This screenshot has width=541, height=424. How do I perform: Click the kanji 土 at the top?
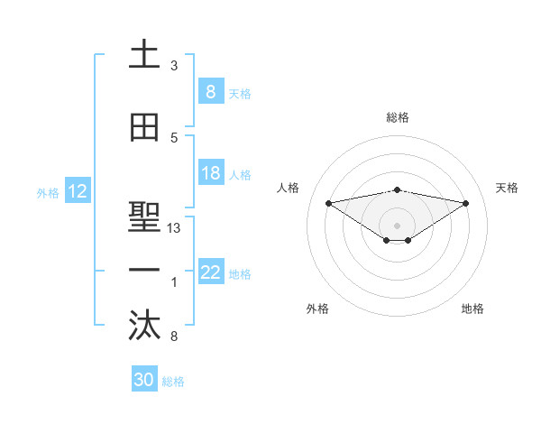[145, 55]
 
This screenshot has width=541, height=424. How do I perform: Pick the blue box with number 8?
[210, 92]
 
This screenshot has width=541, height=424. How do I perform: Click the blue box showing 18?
[210, 174]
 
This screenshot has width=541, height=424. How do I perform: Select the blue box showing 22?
[210, 273]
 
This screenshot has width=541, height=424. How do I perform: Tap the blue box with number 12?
[78, 191]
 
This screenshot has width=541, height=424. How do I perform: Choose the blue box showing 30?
[144, 381]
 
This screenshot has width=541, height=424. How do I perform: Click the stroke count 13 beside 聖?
[174, 228]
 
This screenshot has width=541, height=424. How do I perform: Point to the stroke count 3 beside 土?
[174, 66]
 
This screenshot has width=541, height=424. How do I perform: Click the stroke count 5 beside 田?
[174, 138]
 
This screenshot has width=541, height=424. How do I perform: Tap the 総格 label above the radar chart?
[398, 117]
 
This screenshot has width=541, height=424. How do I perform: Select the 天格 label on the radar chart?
[508, 188]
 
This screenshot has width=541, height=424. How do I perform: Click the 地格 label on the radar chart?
[472, 309]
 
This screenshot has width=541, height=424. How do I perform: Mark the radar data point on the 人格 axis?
[328, 202]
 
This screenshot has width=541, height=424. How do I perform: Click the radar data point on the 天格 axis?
[466, 202]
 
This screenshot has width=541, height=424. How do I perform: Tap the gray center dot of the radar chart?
[397, 224]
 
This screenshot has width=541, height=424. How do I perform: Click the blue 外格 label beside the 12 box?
[48, 192]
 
